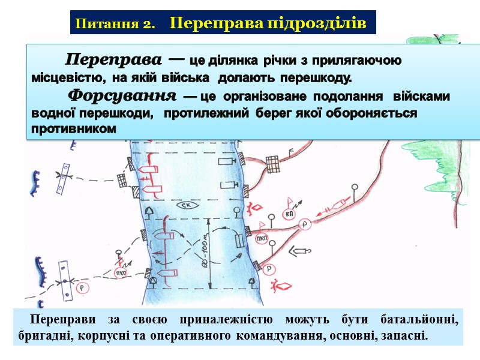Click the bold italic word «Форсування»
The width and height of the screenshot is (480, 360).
(x=122, y=96)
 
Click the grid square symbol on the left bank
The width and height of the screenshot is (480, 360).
(x=122, y=180)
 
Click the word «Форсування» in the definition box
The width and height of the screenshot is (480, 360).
(x=122, y=96)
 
